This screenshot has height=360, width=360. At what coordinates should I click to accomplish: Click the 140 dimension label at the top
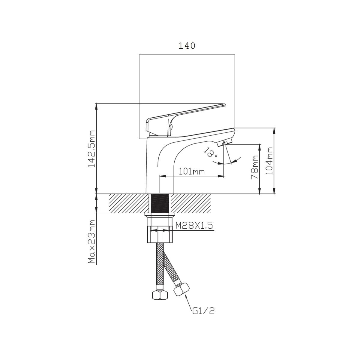[187, 46]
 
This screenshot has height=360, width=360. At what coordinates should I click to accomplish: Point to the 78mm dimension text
[254, 167]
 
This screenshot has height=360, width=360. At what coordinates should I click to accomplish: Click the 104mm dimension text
[269, 161]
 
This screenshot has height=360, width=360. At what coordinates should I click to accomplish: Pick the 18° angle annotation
[210, 152]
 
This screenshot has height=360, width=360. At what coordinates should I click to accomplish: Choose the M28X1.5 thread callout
[194, 226]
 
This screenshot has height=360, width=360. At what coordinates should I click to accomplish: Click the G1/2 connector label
[203, 311]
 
